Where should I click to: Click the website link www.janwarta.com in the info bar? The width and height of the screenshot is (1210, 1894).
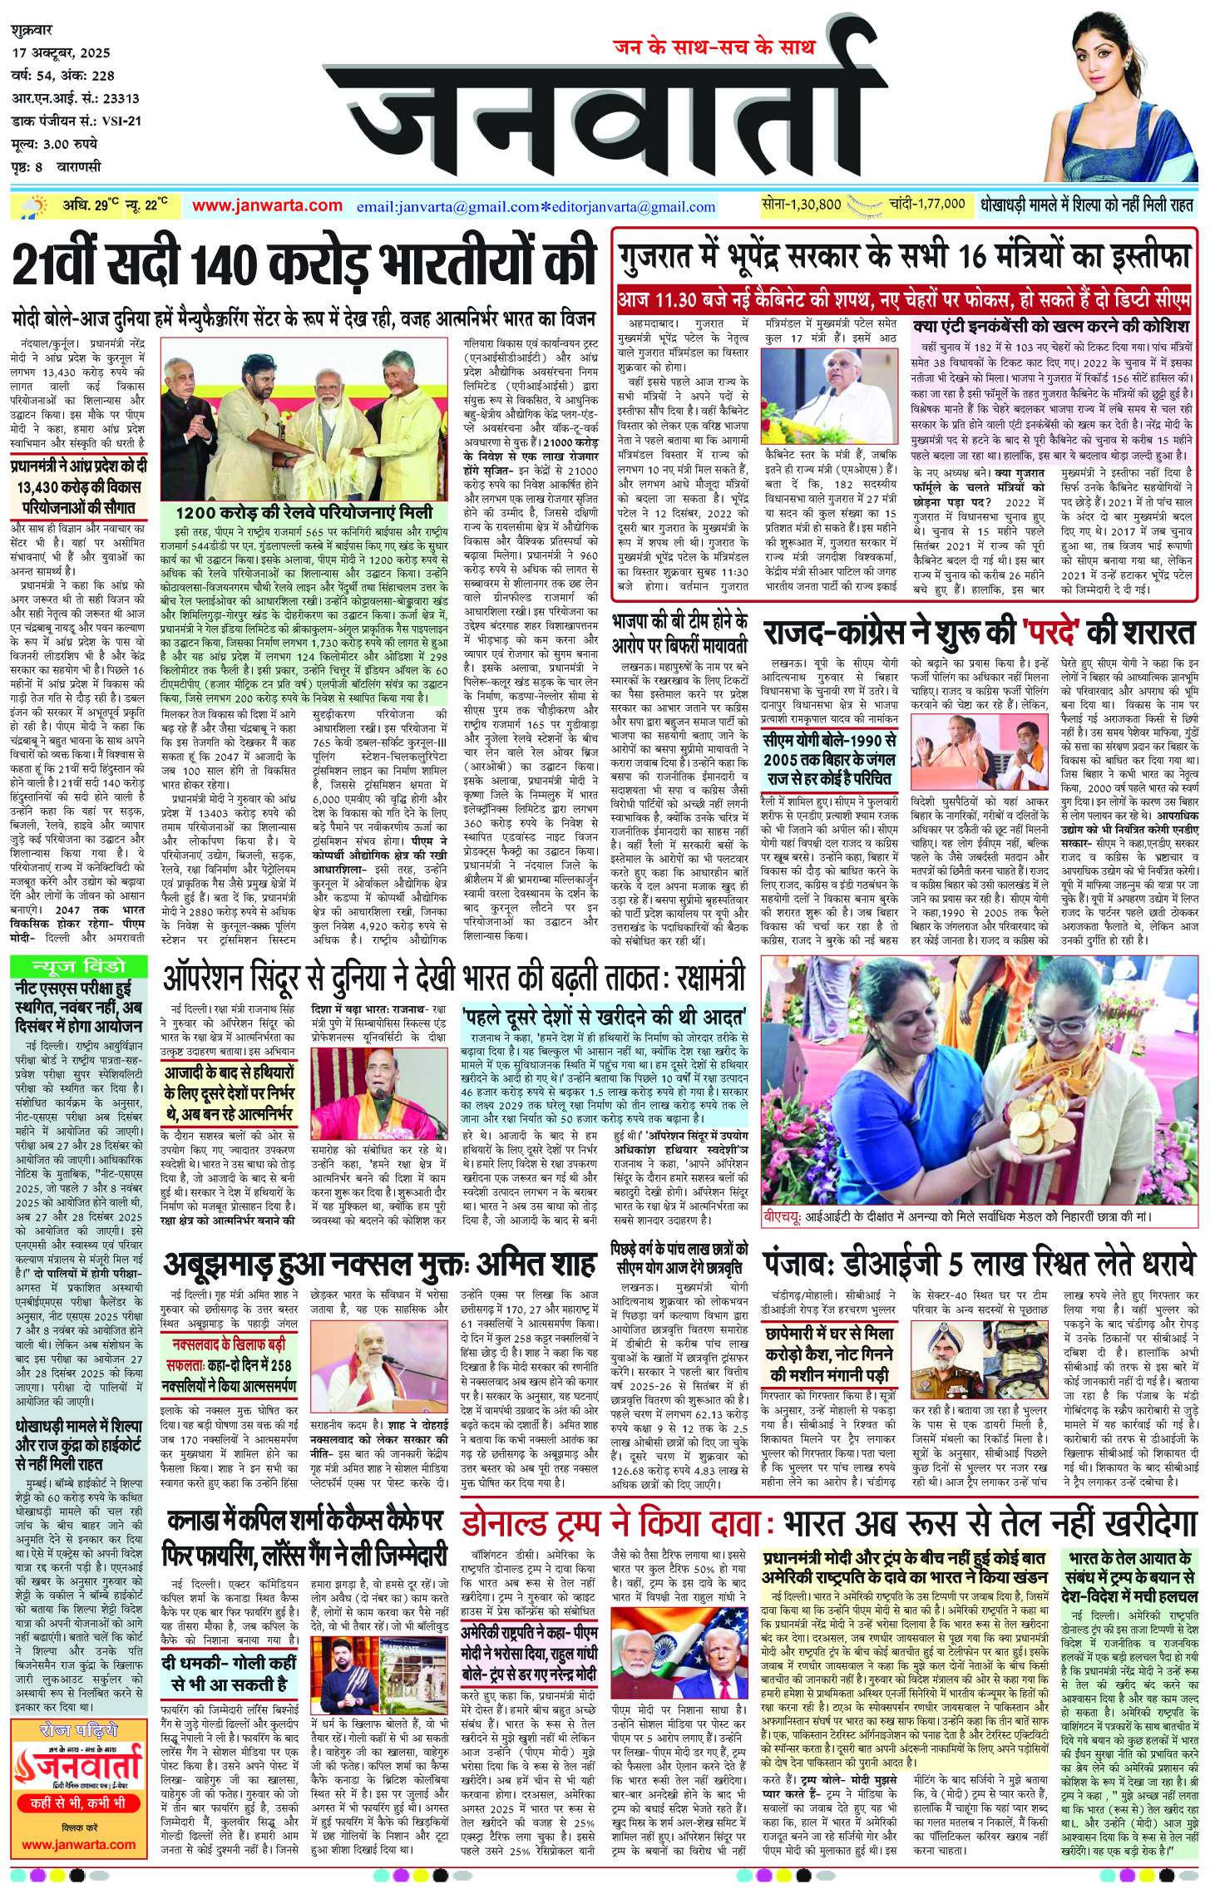267,205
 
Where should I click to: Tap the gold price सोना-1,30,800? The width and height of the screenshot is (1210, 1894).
801,204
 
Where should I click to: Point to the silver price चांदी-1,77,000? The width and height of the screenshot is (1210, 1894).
926,204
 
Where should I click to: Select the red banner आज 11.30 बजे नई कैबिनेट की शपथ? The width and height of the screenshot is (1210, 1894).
904,298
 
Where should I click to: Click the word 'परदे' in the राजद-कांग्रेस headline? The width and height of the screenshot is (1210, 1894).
1038,633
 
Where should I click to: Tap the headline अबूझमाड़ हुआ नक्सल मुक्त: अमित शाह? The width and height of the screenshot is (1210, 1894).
380,1265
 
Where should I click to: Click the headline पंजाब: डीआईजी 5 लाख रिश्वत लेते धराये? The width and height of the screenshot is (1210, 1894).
980,1265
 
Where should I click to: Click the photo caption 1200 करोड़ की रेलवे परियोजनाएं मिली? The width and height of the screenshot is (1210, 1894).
304,510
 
